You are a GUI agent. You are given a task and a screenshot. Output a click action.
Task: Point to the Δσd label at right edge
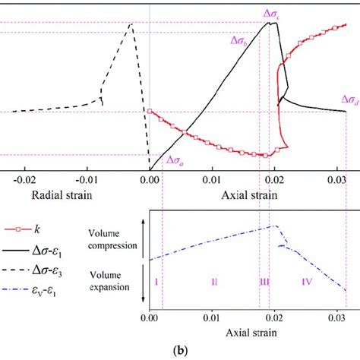[x=349, y=99]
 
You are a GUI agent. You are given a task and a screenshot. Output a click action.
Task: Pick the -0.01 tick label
[x=87, y=180]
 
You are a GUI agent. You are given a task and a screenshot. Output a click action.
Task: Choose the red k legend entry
[x=30, y=228]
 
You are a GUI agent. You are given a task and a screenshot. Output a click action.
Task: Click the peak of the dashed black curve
[x=131, y=24]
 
